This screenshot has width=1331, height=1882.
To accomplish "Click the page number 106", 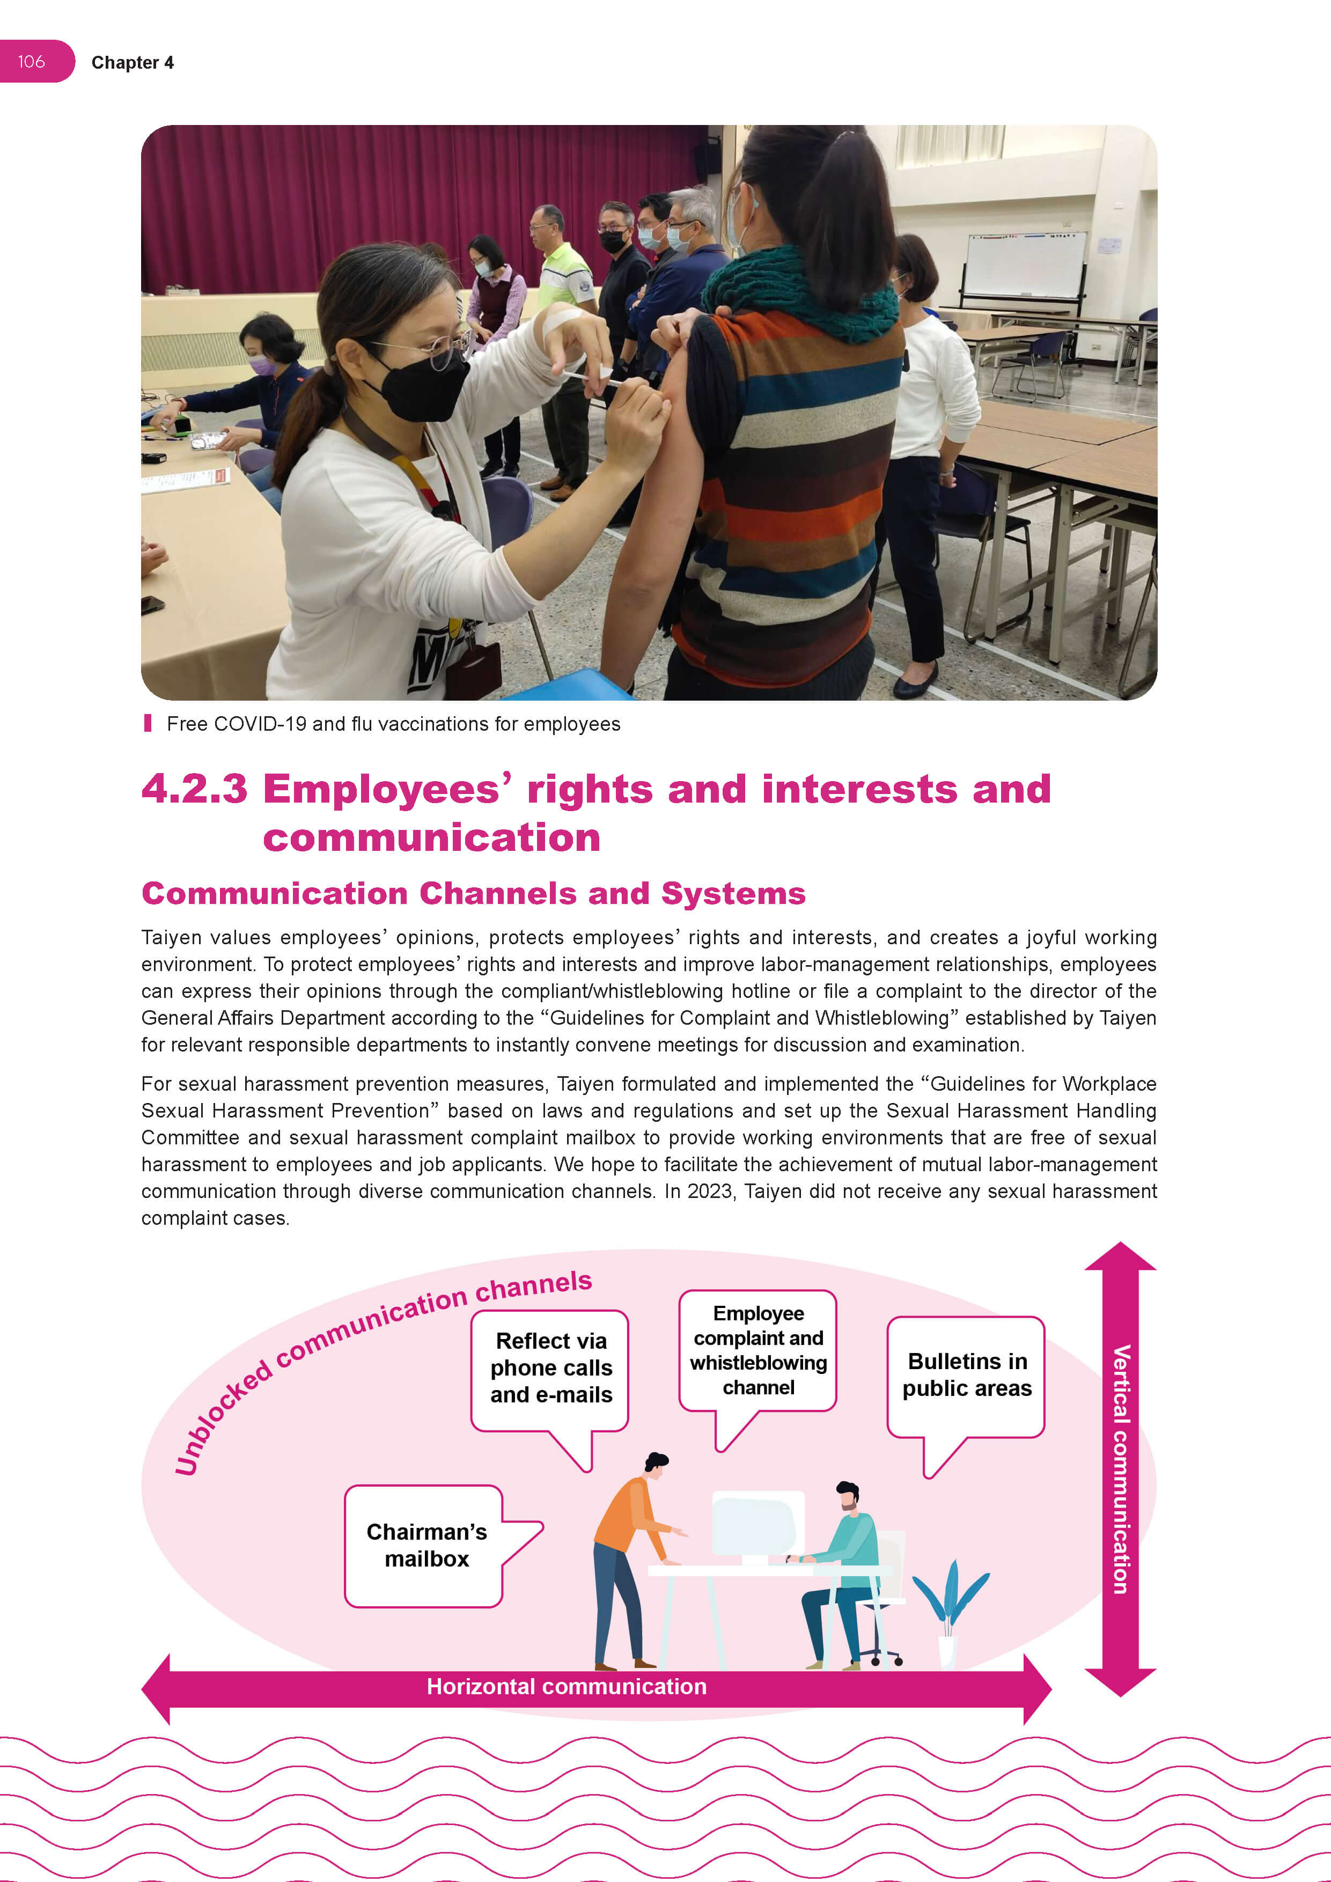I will pos(31,62).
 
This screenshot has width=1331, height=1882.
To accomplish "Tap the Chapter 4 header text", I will pos(132,63).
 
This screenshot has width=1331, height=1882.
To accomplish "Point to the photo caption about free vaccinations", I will pos(393,724).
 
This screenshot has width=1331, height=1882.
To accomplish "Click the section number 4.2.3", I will pos(194,789).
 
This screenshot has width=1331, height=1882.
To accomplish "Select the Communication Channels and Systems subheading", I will pos(473,893).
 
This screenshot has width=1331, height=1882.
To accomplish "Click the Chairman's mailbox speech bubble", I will pos(425,1545).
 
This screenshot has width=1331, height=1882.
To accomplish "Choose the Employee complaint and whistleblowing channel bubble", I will pos(758,1350).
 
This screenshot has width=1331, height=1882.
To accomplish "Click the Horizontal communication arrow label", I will pos(567,1686).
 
